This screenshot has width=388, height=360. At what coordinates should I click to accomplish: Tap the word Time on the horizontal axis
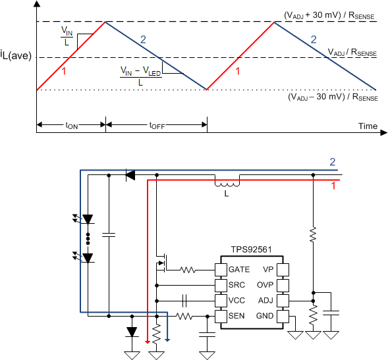point(368,126)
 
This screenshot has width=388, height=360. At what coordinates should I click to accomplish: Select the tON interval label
point(70,125)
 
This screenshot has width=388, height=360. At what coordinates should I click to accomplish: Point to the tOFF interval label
point(157,125)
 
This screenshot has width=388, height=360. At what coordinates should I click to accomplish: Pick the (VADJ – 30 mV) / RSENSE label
point(333,97)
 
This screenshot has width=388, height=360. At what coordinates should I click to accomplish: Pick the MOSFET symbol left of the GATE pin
point(161,265)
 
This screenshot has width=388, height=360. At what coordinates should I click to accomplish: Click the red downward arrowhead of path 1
point(147,342)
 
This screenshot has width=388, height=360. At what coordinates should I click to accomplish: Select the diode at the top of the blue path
point(130,175)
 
